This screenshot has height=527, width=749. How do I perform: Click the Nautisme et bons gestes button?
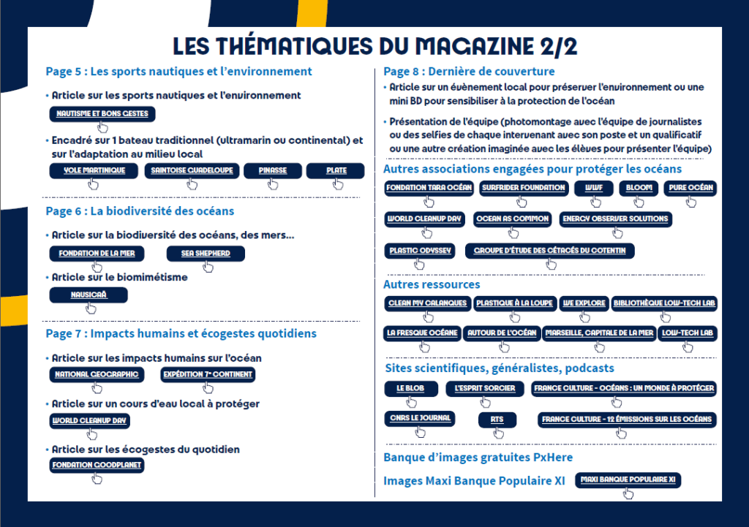coord(102,114)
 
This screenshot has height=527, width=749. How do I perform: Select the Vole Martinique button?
coord(94,170)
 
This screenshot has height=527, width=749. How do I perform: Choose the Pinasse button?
coord(272,170)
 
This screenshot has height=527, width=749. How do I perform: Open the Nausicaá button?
coord(89,295)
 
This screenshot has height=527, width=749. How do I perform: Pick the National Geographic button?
coord(97,374)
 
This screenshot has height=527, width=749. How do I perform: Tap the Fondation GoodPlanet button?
coord(97,465)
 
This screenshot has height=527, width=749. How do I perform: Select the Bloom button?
coord(639,188)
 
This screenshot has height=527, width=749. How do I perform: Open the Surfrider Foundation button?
coord(524,188)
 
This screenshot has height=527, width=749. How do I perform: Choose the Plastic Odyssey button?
coord(421,251)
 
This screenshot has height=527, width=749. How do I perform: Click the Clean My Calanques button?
coord(426,303)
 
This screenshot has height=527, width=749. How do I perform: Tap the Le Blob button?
coord(410,388)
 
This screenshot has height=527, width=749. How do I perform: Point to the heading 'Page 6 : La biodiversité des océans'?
coord(140,211)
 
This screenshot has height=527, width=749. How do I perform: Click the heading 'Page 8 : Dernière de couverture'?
coord(469,72)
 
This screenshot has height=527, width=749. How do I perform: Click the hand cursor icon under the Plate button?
coord(338,184)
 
